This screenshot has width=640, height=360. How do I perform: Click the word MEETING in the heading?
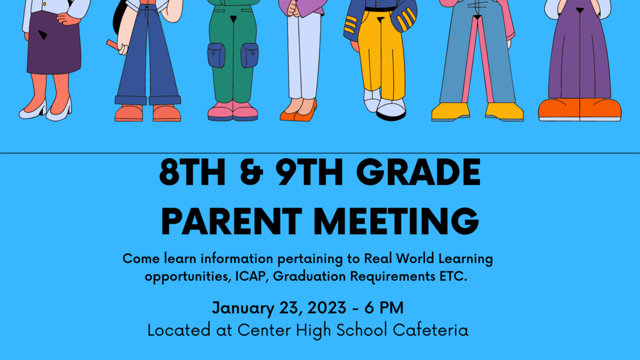tap(394, 221)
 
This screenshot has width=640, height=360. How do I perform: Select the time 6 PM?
tap(384, 308)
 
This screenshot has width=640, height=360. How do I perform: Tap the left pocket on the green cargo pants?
tap(216, 55)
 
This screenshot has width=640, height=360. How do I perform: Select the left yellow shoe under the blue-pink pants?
tap(450, 112)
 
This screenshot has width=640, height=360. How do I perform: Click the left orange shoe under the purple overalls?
tap(558, 109)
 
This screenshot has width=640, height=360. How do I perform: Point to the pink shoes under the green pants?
tap(232, 111)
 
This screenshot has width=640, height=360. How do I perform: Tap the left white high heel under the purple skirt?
tap(32, 111)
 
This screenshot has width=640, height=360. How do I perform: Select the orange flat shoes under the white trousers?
tap(299, 112)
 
